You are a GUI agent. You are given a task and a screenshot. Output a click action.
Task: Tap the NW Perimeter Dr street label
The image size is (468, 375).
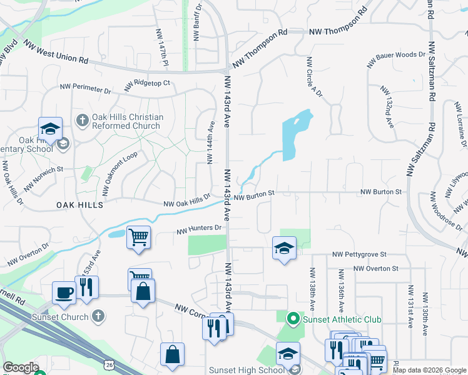(x=85, y=89)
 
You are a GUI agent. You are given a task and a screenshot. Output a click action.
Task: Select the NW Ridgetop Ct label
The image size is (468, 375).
(x=148, y=84)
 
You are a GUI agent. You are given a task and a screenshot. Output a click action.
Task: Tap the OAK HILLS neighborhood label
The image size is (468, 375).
(x=79, y=204)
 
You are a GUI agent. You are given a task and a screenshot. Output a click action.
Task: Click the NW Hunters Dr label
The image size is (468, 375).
(x=200, y=229)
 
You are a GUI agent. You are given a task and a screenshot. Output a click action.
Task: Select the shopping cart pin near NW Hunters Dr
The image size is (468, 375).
(x=139, y=237)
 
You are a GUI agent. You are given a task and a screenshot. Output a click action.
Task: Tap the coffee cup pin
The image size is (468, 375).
(x=64, y=291)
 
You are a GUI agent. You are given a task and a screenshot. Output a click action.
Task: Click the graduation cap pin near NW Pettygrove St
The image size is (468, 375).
(x=284, y=247)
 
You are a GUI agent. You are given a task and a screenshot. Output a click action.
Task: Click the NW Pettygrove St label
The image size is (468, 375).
(x=360, y=254)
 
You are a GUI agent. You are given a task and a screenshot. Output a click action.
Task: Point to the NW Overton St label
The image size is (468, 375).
(x=375, y=268)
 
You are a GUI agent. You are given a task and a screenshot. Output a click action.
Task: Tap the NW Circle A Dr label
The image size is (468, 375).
(x=313, y=77)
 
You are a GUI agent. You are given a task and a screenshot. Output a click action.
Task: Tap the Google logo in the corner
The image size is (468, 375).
(x=21, y=368)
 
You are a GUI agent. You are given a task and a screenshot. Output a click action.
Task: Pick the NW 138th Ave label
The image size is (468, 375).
(x=312, y=289)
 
